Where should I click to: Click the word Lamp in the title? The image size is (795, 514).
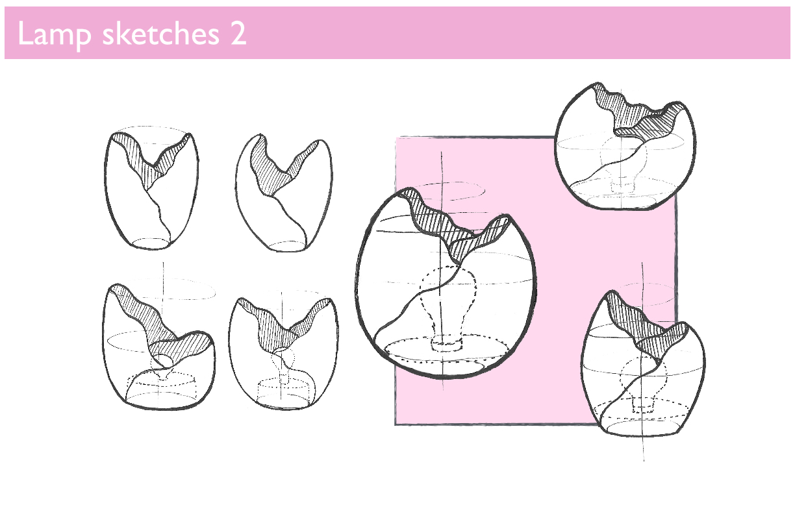point(54,34)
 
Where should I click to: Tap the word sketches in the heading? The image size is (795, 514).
point(161,34)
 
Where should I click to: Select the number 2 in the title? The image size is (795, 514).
point(238,34)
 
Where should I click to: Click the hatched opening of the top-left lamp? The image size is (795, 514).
point(151,160)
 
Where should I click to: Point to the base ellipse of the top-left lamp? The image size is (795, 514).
point(151,243)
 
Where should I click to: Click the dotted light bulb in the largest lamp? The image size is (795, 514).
point(448,305)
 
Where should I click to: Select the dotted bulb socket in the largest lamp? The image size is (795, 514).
point(447,345)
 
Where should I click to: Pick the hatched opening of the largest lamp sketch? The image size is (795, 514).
point(458,227)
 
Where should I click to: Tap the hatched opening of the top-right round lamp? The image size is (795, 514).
point(639,114)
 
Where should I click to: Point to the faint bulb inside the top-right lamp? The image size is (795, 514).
point(624,160)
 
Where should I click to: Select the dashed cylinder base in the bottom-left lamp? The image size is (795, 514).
point(162,386)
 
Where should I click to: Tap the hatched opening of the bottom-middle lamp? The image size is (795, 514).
point(284,326)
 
